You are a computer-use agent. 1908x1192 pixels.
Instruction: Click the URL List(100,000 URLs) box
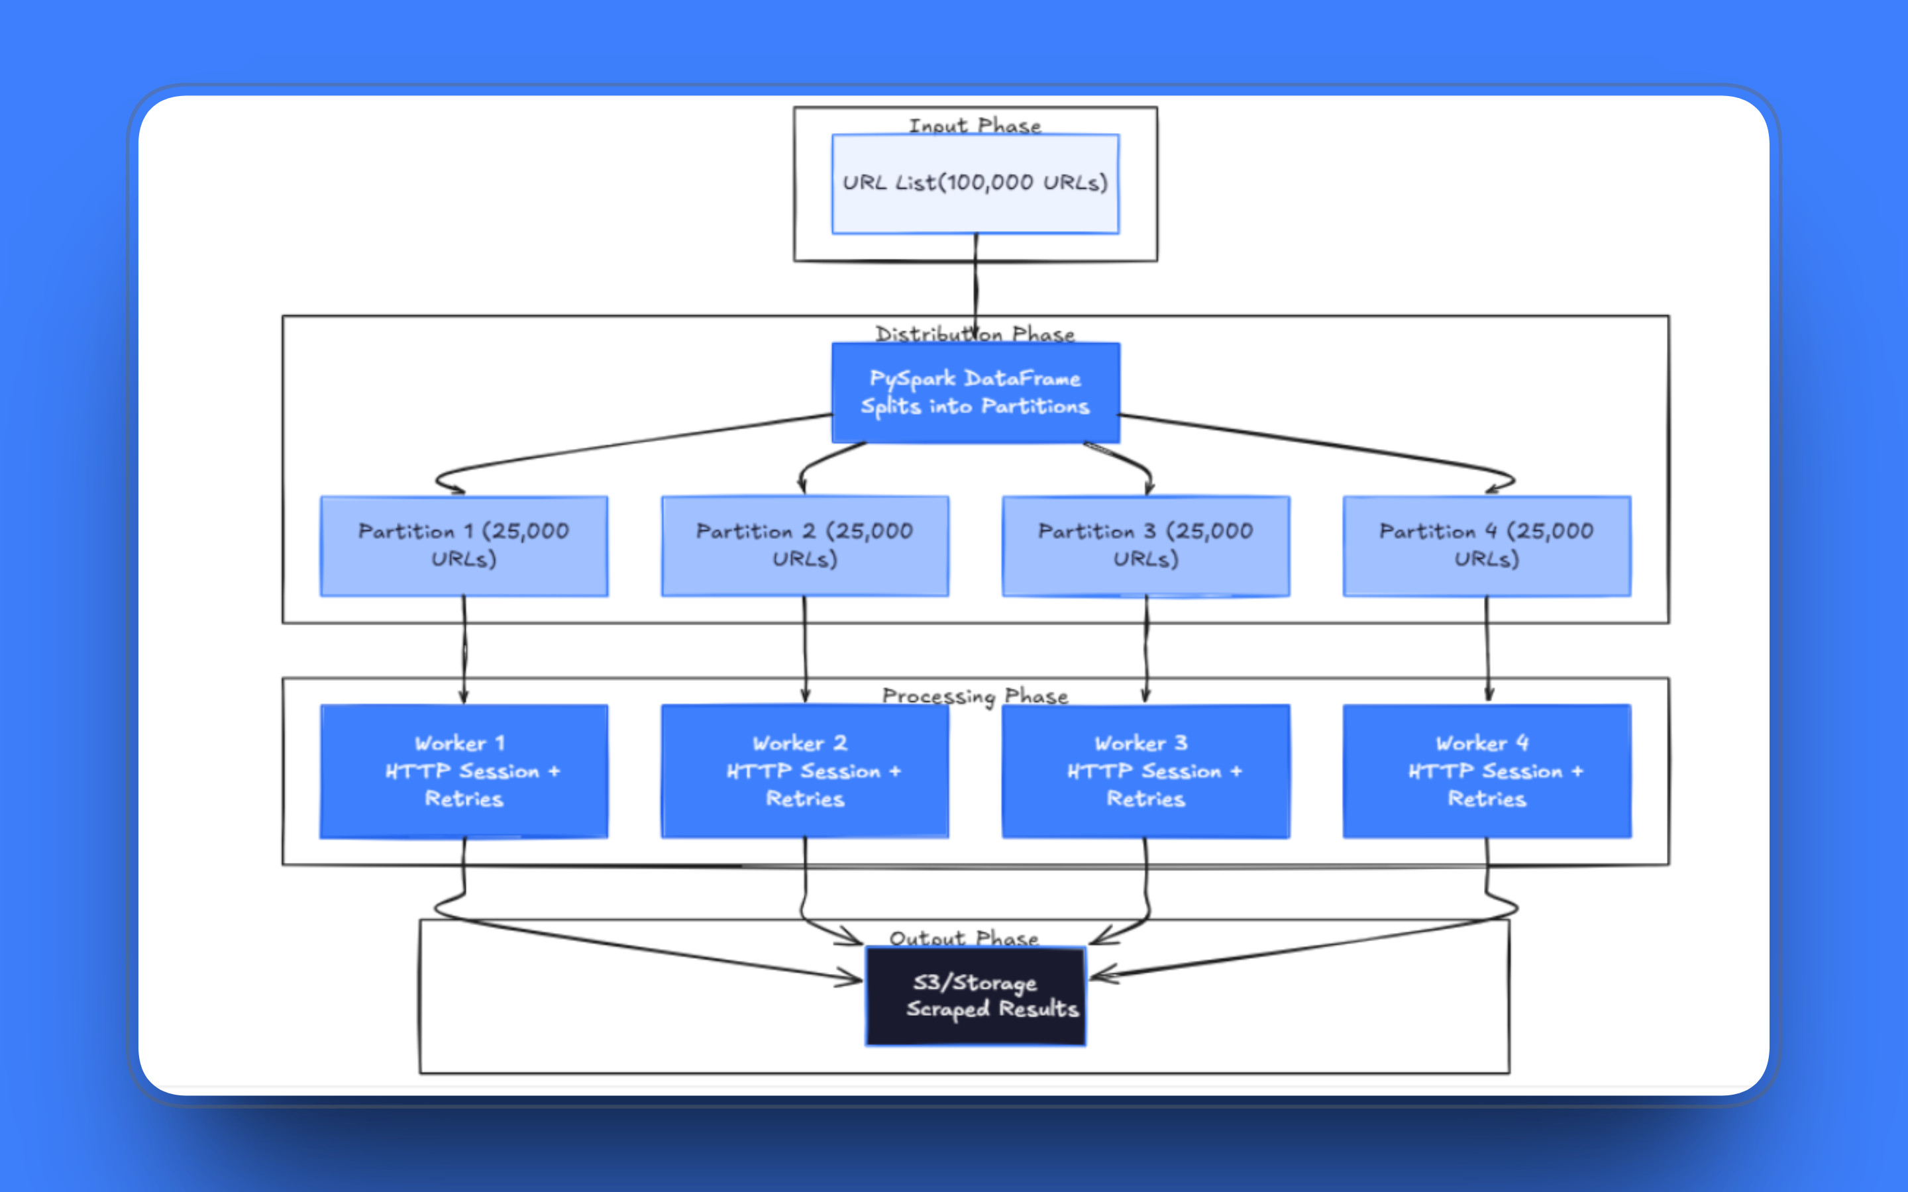pyautogui.click(x=975, y=183)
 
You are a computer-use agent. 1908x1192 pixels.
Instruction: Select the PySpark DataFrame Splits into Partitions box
pyautogui.click(x=975, y=392)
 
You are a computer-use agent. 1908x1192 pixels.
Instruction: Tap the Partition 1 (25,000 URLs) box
pyautogui.click(x=464, y=546)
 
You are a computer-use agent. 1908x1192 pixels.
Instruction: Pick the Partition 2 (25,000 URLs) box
pyautogui.click(x=805, y=546)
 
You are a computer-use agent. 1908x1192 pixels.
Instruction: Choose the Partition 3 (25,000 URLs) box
pyautogui.click(x=1145, y=546)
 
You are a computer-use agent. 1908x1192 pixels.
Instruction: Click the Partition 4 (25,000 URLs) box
pyautogui.click(x=1487, y=546)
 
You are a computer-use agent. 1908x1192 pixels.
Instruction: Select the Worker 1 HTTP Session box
pyautogui.click(x=464, y=770)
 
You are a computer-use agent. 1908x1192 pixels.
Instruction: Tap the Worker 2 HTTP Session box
pyautogui.click(x=805, y=770)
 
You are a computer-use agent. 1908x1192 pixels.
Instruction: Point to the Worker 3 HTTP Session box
pyautogui.click(x=1145, y=770)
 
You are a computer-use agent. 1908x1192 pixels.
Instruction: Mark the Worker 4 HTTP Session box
pyautogui.click(x=1487, y=770)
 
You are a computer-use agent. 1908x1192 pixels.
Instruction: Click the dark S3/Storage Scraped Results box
pyautogui.click(x=975, y=996)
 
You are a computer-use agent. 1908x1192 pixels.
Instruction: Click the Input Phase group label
pyautogui.click(x=975, y=125)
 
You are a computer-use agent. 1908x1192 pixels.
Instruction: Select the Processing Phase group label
pyautogui.click(x=975, y=696)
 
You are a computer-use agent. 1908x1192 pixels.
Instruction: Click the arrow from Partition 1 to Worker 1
pyautogui.click(x=464, y=650)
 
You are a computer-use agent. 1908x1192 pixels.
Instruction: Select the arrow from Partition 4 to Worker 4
pyautogui.click(x=1488, y=650)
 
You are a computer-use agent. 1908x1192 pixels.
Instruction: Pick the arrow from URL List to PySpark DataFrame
pyautogui.click(x=976, y=288)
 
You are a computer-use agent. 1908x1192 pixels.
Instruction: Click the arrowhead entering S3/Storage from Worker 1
pyautogui.click(x=851, y=979)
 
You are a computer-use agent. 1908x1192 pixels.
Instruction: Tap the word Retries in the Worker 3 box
pyautogui.click(x=1145, y=799)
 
